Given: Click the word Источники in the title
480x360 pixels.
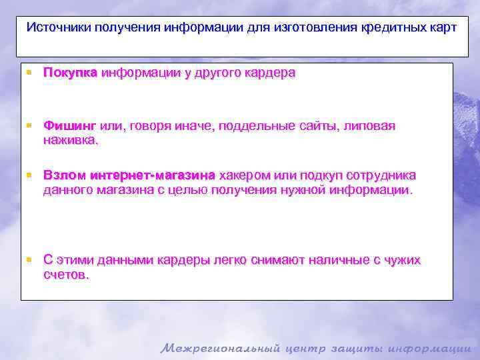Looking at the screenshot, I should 58,28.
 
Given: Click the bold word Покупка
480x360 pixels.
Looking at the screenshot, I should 70,73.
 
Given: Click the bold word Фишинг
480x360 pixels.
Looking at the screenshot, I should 70,126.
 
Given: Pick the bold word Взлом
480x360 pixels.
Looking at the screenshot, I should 65,175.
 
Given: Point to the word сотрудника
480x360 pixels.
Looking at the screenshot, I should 381,175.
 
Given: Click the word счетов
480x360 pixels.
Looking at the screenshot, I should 65,275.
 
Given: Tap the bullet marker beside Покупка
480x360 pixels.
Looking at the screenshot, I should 30,72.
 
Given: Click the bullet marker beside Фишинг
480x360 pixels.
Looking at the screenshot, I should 30,125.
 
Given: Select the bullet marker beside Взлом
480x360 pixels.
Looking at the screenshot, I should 30,175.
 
